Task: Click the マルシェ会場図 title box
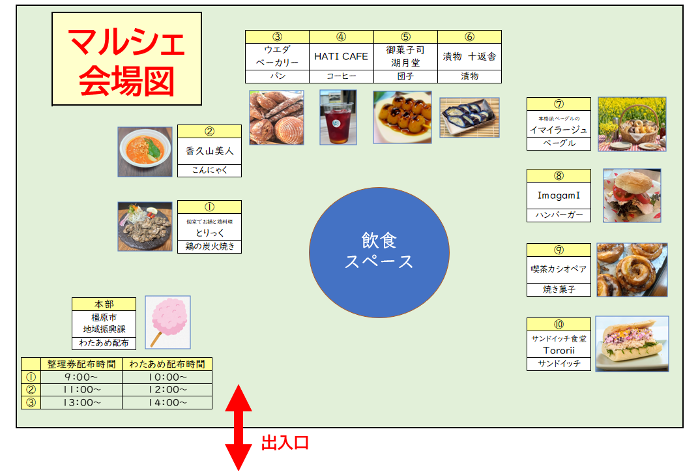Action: pos(126,59)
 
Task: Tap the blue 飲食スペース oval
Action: pos(379,252)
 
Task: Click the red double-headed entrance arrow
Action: pos(239,427)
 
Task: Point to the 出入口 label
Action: pos(285,444)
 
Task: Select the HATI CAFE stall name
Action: pos(341,57)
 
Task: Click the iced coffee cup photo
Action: pos(338,117)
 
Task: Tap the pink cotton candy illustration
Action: pos(168,321)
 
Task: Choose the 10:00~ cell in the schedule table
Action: pos(167,377)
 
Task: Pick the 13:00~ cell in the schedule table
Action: pos(81,403)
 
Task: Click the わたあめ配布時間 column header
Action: pos(167,364)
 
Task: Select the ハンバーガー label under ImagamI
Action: pos(559,215)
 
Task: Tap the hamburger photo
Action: pos(632,196)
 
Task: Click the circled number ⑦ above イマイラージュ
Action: pos(559,104)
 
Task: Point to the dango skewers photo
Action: pos(402,117)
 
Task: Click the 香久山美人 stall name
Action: pos(209,151)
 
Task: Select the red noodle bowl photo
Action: pos(145,151)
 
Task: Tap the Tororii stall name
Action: pos(559,350)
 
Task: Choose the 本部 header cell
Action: pos(104,304)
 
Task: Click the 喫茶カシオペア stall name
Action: pos(559,269)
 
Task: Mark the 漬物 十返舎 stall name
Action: pos(469,57)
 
